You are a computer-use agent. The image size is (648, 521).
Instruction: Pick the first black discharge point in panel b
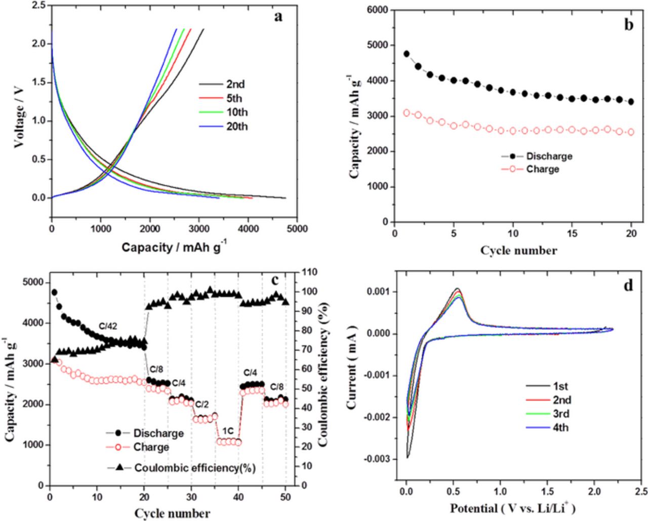pyautogui.click(x=407, y=54)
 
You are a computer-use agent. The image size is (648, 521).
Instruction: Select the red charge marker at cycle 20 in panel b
pyautogui.click(x=631, y=132)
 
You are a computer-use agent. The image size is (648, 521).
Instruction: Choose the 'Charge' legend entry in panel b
pyautogui.click(x=542, y=169)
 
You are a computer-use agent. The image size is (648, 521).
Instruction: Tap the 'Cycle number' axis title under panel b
pyautogui.click(x=518, y=250)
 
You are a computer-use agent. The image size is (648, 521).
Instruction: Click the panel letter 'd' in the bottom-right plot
pyautogui.click(x=628, y=285)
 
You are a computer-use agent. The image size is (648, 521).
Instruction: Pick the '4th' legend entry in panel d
pyautogui.click(x=560, y=428)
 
